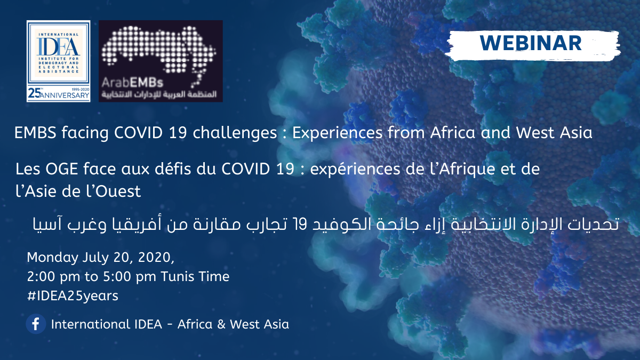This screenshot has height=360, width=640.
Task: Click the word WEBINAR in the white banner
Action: coord(531,43)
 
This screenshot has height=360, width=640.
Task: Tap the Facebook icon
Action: coord(36,324)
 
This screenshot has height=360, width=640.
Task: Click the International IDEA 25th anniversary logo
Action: coord(59,61)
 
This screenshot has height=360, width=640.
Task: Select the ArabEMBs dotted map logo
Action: coord(161,61)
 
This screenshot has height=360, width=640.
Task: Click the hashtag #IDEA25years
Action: coord(73,295)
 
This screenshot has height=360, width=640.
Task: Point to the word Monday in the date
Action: coord(53,258)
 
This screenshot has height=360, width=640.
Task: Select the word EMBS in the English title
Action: coord(35,133)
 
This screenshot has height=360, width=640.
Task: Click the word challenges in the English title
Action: coord(235,133)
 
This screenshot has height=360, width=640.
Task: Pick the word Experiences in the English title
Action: coord(337,133)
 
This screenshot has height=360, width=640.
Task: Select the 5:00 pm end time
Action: coord(130,277)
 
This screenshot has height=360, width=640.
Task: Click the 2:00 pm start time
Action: coord(53,277)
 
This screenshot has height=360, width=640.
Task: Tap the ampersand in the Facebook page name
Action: coord(221,324)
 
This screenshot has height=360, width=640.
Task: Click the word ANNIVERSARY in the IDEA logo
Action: coord(65,95)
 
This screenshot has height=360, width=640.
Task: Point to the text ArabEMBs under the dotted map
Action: coord(132,83)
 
